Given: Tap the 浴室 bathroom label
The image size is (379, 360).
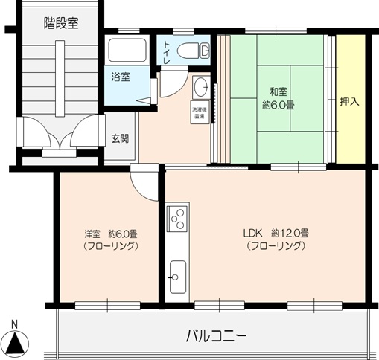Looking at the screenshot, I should (x=121, y=77).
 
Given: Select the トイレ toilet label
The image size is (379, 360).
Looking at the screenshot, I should (x=168, y=53).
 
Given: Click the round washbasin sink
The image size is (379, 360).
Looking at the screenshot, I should (x=200, y=86).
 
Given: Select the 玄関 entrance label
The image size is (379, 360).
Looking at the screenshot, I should (x=121, y=138).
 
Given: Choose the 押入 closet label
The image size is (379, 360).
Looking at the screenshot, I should (x=349, y=100).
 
